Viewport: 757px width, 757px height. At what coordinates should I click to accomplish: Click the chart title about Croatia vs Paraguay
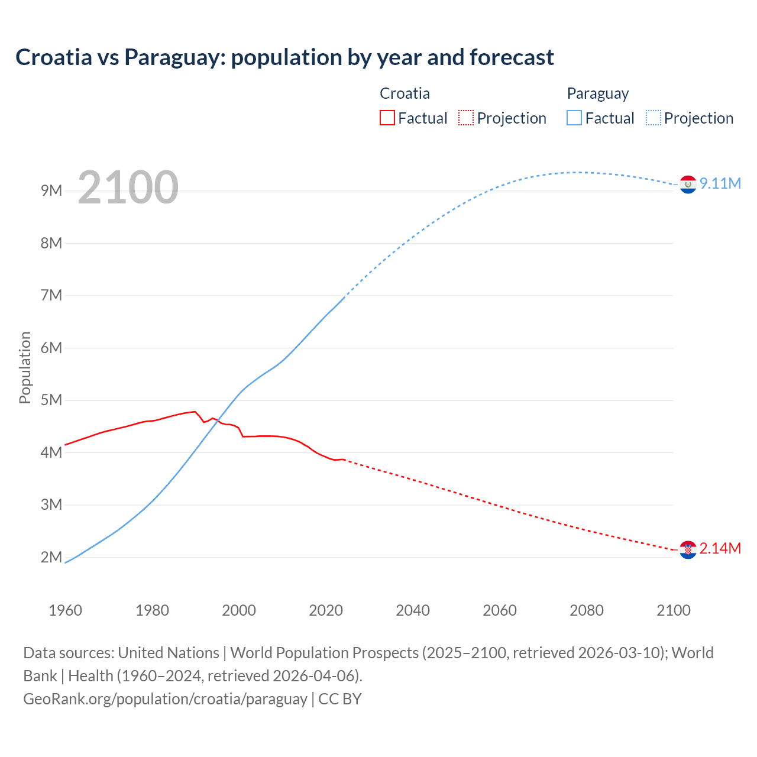click(284, 57)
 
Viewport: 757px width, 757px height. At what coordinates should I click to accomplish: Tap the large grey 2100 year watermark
click(128, 187)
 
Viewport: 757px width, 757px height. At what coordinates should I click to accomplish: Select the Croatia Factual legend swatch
click(387, 118)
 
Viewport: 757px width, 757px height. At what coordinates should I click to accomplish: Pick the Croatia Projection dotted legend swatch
click(465, 118)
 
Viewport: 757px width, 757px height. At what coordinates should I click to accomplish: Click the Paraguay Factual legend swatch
click(574, 118)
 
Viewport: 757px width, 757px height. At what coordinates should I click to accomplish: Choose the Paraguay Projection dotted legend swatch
click(653, 118)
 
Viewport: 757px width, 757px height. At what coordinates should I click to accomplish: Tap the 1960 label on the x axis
click(65, 610)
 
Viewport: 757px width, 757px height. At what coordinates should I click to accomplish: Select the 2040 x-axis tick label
click(413, 610)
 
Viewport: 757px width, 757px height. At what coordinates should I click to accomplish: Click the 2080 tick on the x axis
click(587, 610)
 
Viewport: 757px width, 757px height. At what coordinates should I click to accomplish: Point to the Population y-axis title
click(25, 367)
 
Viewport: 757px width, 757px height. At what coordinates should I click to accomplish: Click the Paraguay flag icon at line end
click(688, 185)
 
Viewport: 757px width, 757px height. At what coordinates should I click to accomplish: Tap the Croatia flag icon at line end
click(688, 549)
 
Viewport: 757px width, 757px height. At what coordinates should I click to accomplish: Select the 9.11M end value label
click(720, 183)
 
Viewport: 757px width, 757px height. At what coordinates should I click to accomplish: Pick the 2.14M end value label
click(720, 548)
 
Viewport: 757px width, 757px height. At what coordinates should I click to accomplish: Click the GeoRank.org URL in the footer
click(165, 699)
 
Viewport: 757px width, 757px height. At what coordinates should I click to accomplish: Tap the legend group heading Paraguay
click(597, 93)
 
